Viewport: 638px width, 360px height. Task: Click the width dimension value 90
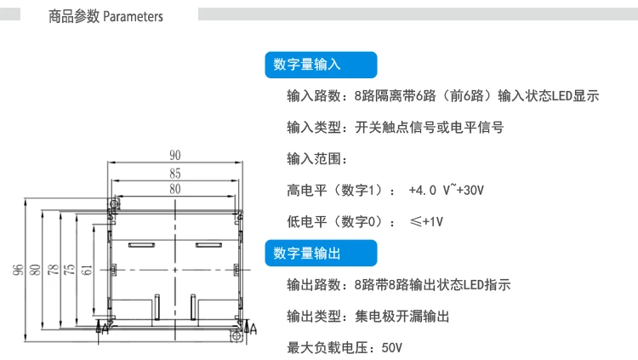(175, 156)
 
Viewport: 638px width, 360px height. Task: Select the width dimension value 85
(175, 174)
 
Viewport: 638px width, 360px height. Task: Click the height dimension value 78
(53, 271)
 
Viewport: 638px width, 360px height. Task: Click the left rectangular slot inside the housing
(141, 246)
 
